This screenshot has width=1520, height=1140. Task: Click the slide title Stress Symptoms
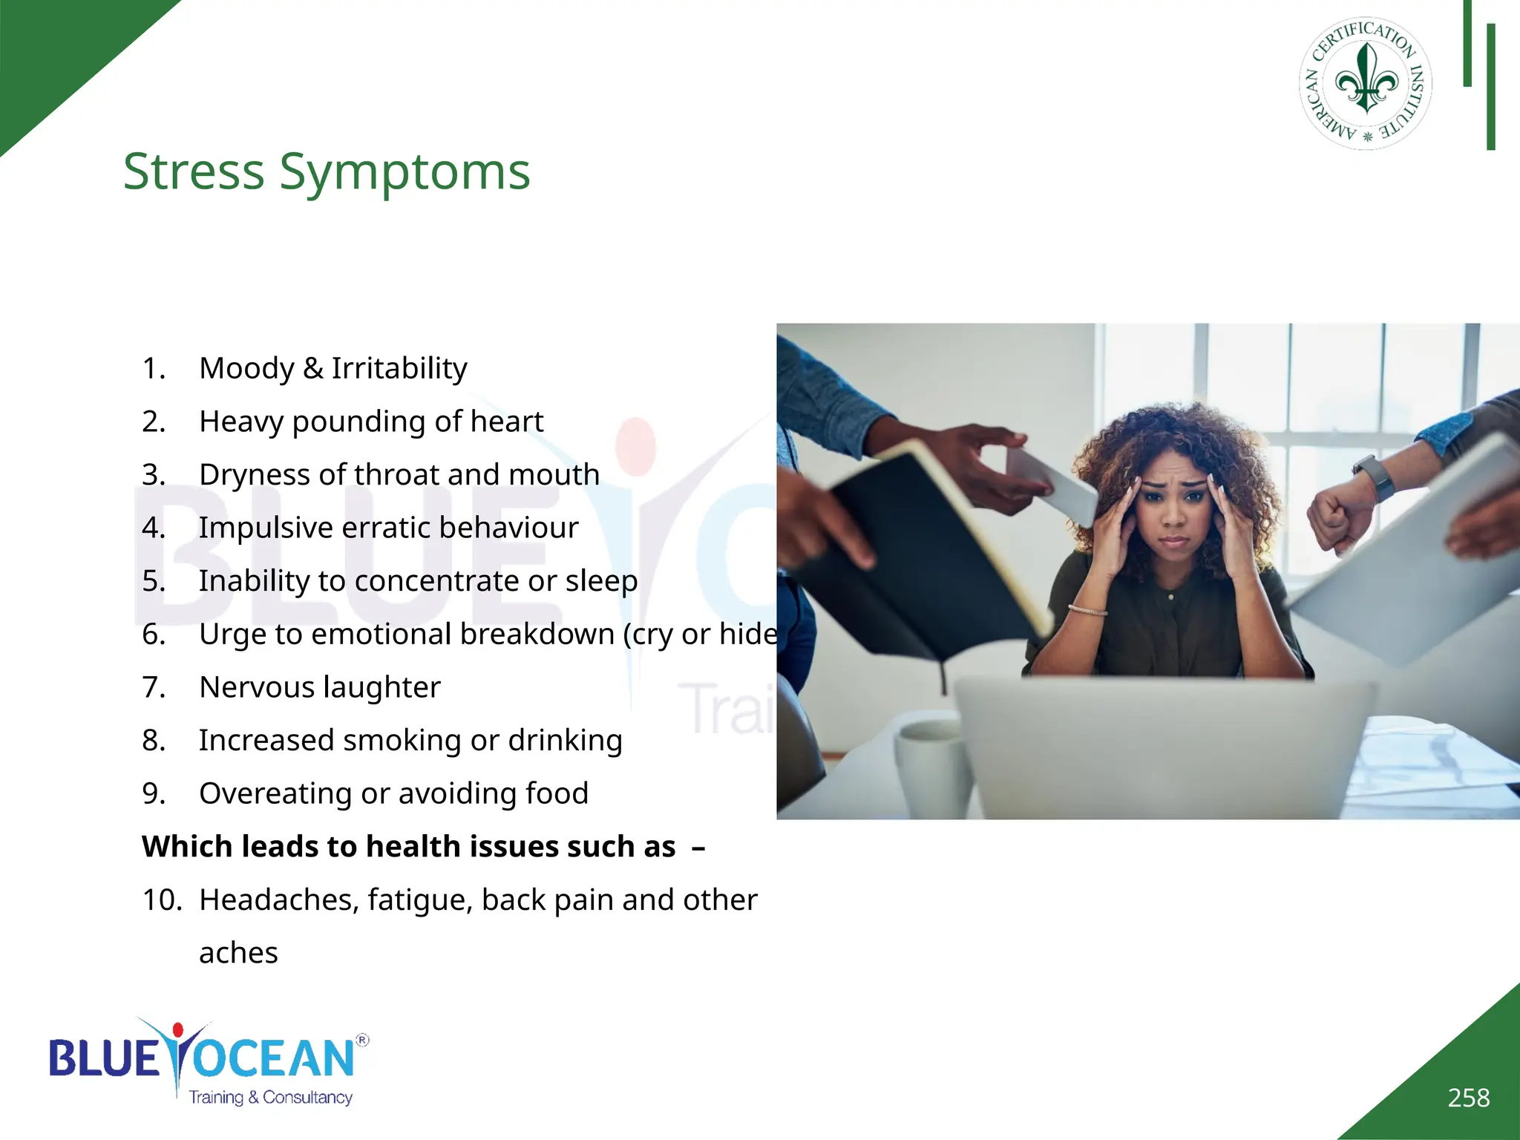point(327,171)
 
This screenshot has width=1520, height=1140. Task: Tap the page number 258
point(1468,1098)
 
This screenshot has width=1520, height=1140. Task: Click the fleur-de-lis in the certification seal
point(1366,79)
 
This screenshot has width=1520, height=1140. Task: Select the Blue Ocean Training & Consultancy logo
point(208,1062)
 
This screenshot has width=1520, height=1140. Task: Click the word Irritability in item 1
point(399,368)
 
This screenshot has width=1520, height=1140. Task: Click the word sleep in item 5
point(601,581)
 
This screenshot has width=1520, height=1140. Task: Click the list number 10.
point(162,900)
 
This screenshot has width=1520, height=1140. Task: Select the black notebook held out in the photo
point(920,557)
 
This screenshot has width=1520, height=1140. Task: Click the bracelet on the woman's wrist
point(1088,610)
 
